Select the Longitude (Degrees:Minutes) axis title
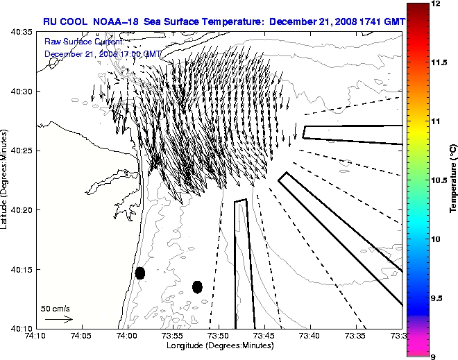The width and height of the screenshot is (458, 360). coord(219,345)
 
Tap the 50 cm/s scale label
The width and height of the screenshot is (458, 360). coord(56,308)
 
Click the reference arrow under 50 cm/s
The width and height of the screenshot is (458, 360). coord(59,319)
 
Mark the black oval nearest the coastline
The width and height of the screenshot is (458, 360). coord(140,273)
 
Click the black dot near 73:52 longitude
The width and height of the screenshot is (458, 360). coord(197,286)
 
